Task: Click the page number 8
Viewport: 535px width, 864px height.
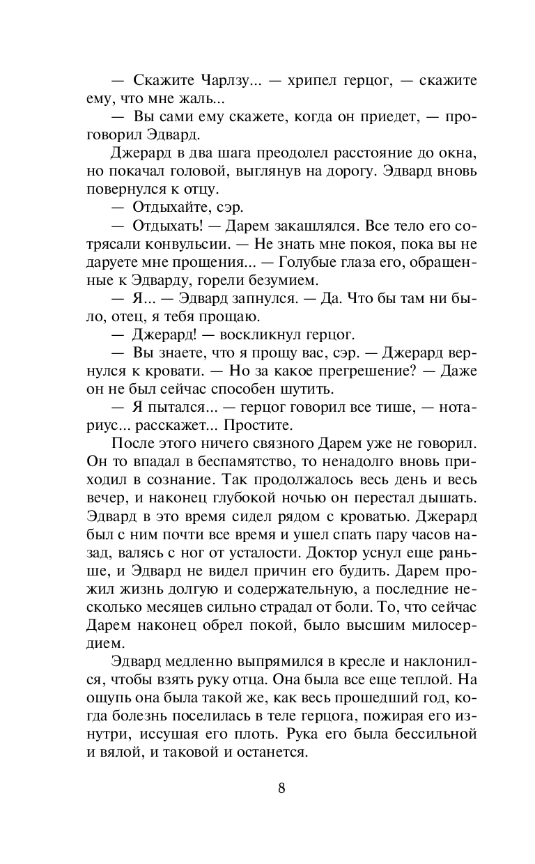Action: tap(281, 789)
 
